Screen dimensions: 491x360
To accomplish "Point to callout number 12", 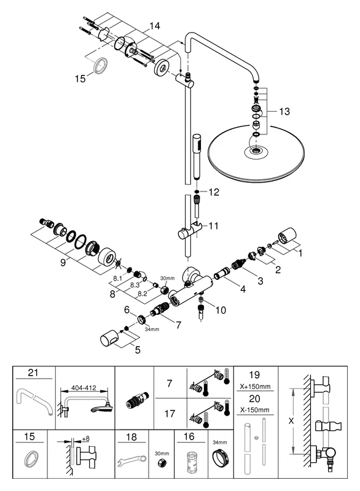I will point(213,192).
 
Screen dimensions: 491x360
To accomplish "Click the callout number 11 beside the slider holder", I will point(213,226).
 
